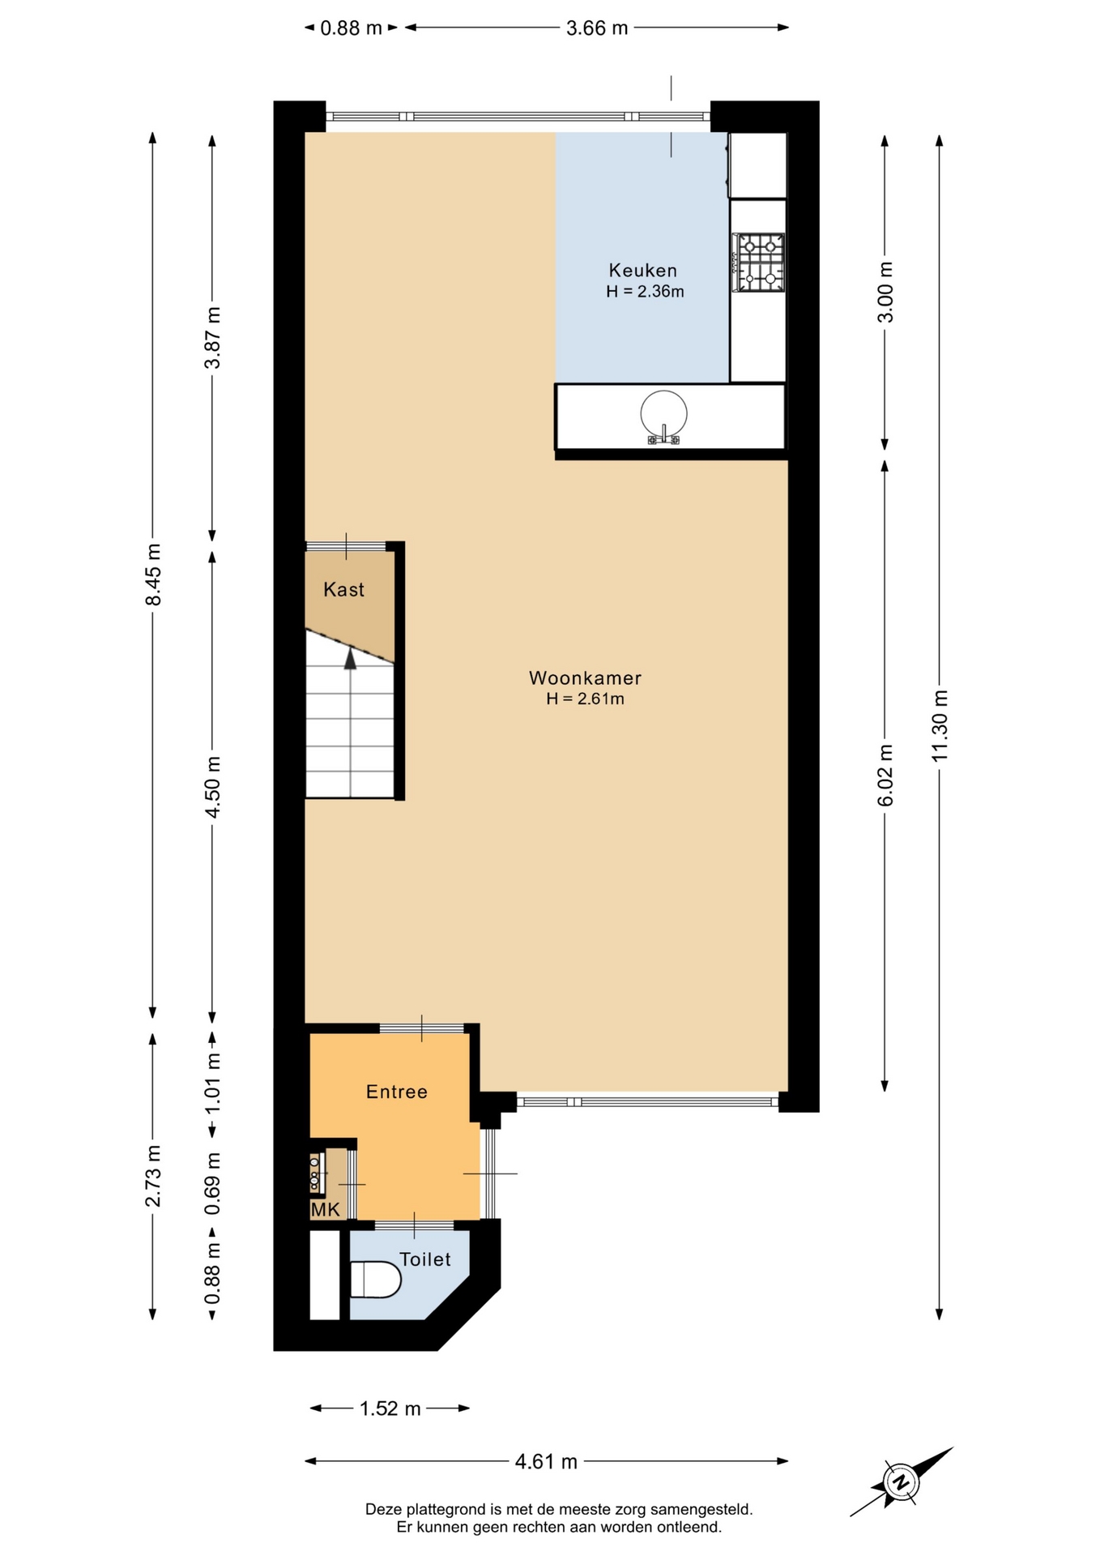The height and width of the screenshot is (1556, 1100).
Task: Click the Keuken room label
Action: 643,270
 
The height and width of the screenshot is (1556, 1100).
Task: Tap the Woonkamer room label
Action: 585,678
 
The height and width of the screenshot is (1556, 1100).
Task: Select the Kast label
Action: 344,589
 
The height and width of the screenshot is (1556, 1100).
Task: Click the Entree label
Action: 397,1092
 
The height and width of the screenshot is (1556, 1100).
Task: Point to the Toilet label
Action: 425,1259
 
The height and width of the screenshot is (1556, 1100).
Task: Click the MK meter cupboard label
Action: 326,1210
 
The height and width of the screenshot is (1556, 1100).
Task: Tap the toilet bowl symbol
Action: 375,1279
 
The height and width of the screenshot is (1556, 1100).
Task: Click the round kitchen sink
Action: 663,415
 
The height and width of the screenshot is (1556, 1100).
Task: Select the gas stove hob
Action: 759,262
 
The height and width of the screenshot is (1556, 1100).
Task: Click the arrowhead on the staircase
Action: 350,659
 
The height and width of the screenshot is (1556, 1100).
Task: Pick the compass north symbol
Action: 900,1482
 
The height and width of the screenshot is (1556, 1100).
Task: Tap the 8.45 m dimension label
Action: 153,575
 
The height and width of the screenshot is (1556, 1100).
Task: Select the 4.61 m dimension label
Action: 547,1461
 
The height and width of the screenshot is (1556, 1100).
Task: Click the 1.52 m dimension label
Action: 390,1409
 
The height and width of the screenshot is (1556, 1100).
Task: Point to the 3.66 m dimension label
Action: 598,28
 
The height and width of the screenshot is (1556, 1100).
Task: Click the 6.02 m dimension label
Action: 885,776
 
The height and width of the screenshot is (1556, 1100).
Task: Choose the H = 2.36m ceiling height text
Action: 645,292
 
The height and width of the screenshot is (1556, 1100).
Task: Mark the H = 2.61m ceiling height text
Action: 585,699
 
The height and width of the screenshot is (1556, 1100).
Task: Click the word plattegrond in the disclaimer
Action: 441,1510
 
